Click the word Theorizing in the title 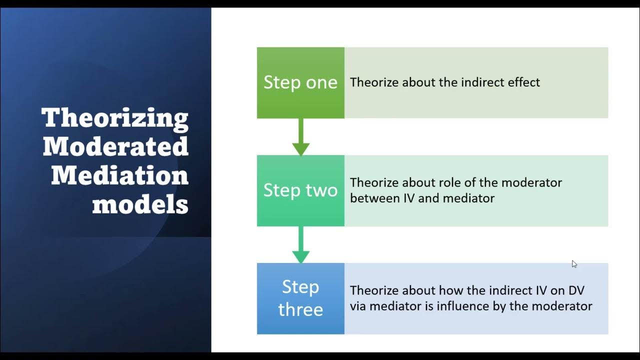coord(115,118)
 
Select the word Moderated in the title coord(115,146)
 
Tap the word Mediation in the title coord(119,175)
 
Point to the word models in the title coord(140,204)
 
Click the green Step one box coord(300,82)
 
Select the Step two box coord(300,190)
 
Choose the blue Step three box coord(300,298)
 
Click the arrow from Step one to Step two coord(300,137)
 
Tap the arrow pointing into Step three coord(300,245)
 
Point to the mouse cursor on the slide coord(574,264)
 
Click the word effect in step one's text coord(523,82)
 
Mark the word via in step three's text coord(358,306)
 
